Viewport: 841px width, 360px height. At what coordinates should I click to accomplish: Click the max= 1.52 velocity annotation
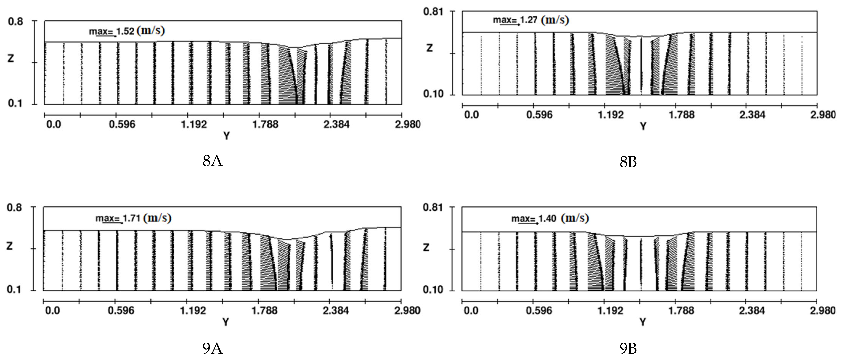click(x=127, y=31)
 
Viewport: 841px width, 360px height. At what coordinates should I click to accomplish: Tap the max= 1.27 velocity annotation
click(x=530, y=20)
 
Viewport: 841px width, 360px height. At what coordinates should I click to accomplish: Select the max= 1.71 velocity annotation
click(x=133, y=218)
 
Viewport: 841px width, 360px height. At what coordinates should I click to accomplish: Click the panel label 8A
click(x=213, y=161)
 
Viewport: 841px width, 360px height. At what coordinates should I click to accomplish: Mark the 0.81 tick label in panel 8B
click(x=433, y=12)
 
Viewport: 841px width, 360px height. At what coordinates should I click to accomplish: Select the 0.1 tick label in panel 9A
click(x=14, y=289)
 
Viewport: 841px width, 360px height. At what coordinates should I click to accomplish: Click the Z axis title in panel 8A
click(x=11, y=59)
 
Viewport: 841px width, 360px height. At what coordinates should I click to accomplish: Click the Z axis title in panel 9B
click(x=426, y=248)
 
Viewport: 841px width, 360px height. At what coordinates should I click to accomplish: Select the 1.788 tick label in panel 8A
click(x=265, y=124)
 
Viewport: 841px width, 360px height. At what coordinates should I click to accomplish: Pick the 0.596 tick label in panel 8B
click(x=539, y=115)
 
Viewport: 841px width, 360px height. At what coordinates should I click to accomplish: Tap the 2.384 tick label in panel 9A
click(x=336, y=310)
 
